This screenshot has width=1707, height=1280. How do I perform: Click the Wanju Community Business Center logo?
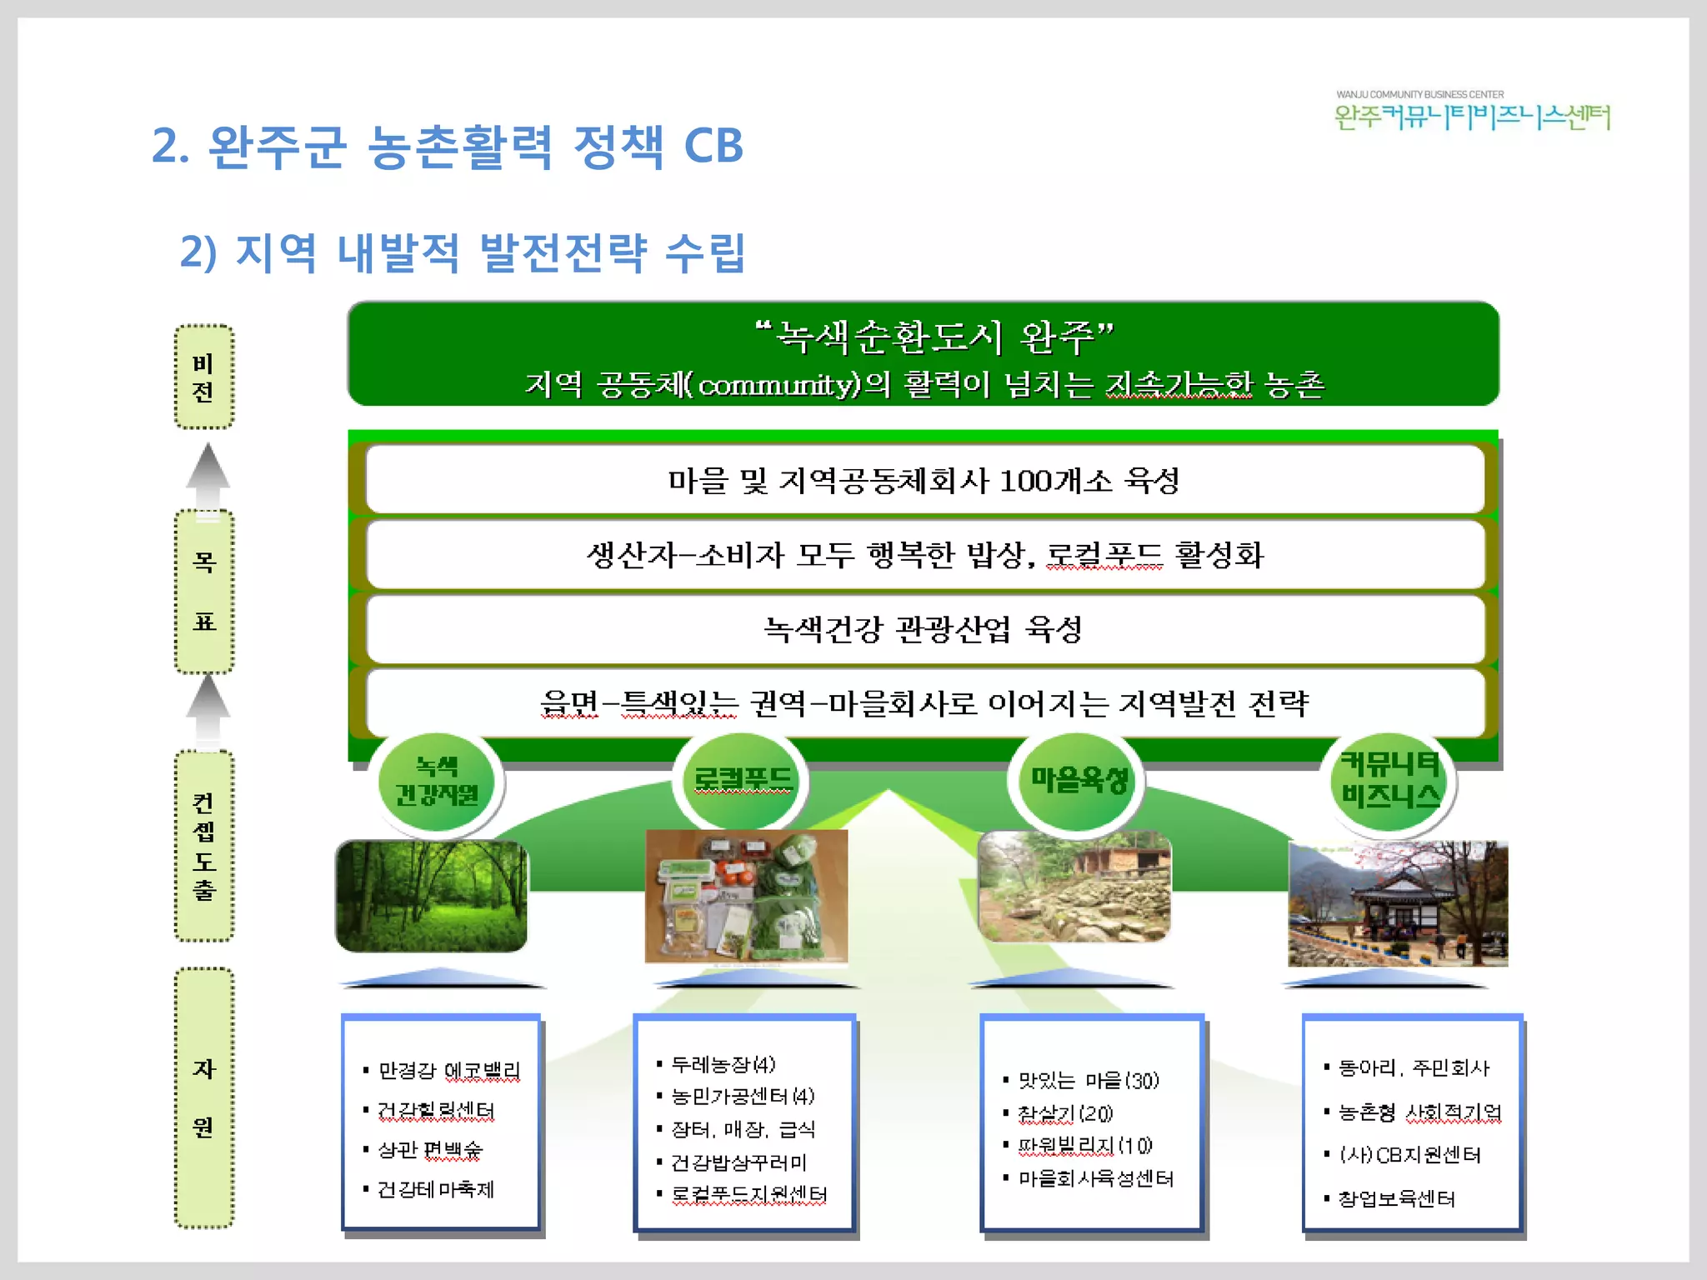tap(1472, 112)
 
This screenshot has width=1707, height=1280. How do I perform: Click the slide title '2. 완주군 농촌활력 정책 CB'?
tap(447, 147)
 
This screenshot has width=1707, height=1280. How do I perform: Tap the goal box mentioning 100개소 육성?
tap(924, 480)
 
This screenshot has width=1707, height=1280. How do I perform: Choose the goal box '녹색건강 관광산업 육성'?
tap(924, 629)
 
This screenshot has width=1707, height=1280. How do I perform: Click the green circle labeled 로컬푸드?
tap(741, 780)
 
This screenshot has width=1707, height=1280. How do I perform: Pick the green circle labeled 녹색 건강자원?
tap(436, 782)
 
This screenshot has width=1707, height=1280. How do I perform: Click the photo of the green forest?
tap(432, 896)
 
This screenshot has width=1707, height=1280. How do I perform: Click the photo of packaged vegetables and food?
tap(746, 897)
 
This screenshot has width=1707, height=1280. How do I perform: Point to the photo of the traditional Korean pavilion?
tap(1398, 903)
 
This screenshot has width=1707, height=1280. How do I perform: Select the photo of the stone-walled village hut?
tap(1074, 887)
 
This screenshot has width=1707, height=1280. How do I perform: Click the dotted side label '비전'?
tap(203, 377)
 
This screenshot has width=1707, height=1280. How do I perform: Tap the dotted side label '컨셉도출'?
tap(203, 846)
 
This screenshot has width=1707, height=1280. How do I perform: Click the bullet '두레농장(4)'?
tap(723, 1064)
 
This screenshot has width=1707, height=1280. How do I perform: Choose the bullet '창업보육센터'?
tap(1396, 1199)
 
